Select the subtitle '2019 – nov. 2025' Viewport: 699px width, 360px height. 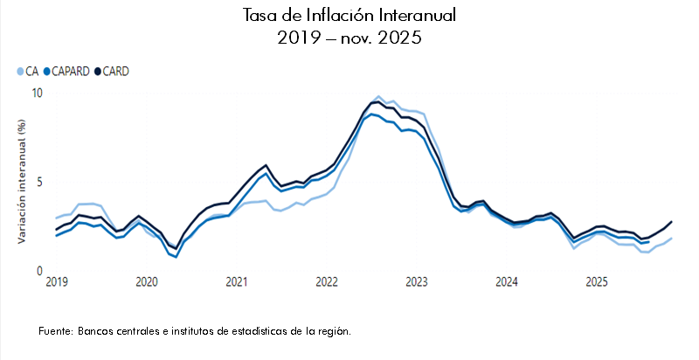point(349,38)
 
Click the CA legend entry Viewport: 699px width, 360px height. point(31,72)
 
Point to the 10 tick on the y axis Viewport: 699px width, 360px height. point(37,93)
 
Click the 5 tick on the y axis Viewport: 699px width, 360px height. point(39,183)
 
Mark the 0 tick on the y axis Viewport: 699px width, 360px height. point(39,272)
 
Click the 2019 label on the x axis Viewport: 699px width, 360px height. point(57,282)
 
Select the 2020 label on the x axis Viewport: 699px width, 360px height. point(147,282)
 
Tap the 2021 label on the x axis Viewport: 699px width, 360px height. point(237,282)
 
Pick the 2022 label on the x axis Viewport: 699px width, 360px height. point(327,282)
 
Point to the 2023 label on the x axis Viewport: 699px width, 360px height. point(417,282)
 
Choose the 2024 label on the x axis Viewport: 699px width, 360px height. point(507,282)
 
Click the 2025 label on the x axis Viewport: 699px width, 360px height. point(597,282)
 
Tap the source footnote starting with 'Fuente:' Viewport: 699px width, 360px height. point(195,332)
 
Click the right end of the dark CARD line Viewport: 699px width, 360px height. point(671,222)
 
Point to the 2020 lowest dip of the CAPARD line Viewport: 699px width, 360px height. point(176,257)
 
